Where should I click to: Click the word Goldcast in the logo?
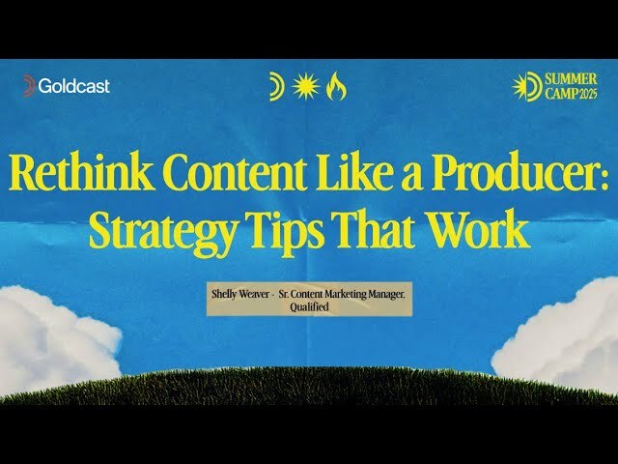(x=74, y=86)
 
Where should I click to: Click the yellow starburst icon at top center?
(x=307, y=87)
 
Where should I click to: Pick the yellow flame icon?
(x=337, y=87)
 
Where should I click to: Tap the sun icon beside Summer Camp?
(x=526, y=87)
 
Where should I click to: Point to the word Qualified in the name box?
(x=310, y=307)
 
